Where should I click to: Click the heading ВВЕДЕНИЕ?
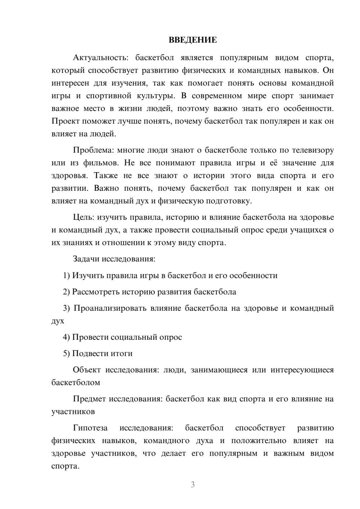(x=193, y=40)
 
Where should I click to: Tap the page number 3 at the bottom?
(x=193, y=485)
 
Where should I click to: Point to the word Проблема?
(x=93, y=150)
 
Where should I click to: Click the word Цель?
(x=83, y=217)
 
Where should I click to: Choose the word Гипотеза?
(x=90, y=428)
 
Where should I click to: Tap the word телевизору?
(x=312, y=150)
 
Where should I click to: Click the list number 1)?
(x=67, y=276)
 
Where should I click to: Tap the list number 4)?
(x=67, y=337)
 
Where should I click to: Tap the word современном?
(x=217, y=96)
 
